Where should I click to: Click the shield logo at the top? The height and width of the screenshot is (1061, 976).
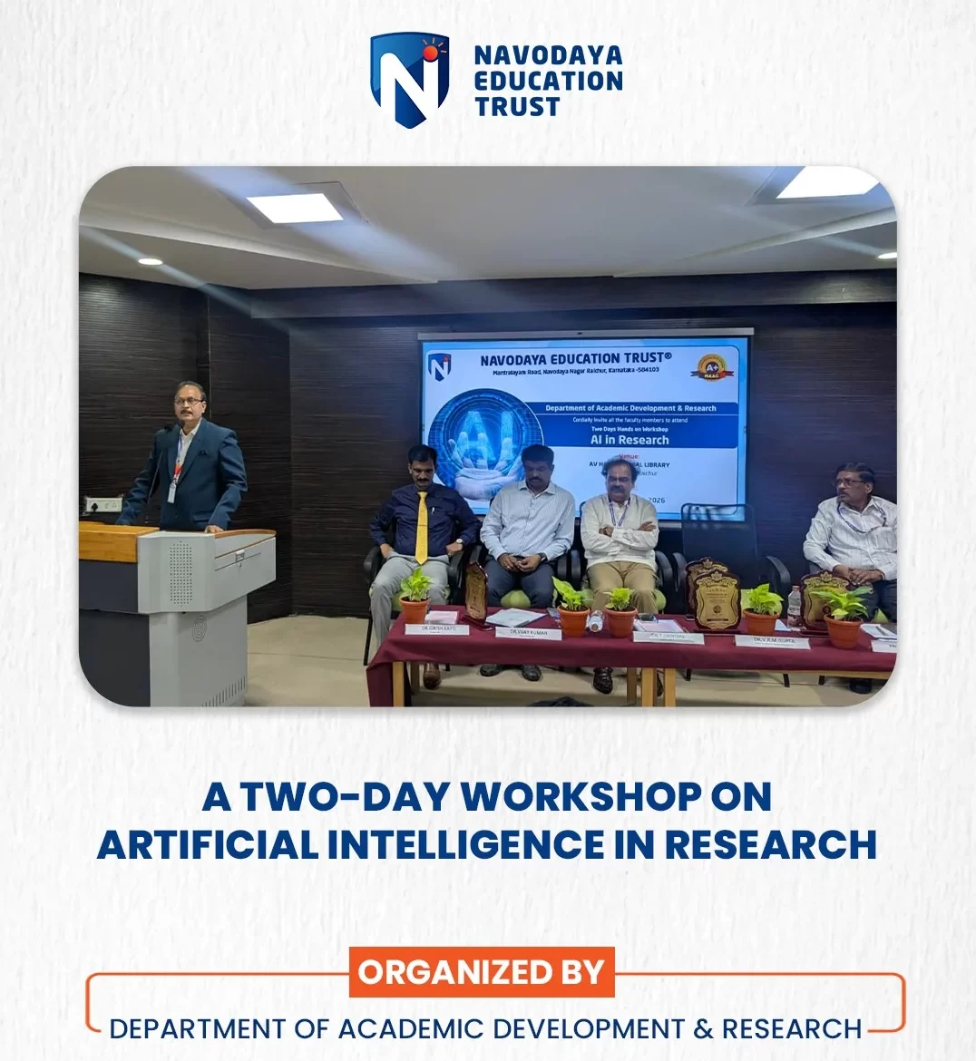point(409,79)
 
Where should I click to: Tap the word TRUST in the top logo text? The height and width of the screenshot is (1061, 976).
point(517,107)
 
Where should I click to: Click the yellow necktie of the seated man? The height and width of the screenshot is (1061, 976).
point(421,527)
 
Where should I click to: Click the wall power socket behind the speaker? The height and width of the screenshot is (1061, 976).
point(102,504)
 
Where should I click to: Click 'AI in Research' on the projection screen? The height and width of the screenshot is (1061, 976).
point(630,440)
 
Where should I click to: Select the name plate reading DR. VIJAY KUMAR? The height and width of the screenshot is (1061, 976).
point(528,632)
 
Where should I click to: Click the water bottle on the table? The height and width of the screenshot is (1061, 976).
point(795,606)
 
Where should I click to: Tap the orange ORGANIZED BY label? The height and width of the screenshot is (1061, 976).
point(481,972)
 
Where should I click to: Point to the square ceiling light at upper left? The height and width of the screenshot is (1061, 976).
point(295,209)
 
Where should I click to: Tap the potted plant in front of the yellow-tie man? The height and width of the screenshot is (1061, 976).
point(415,595)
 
